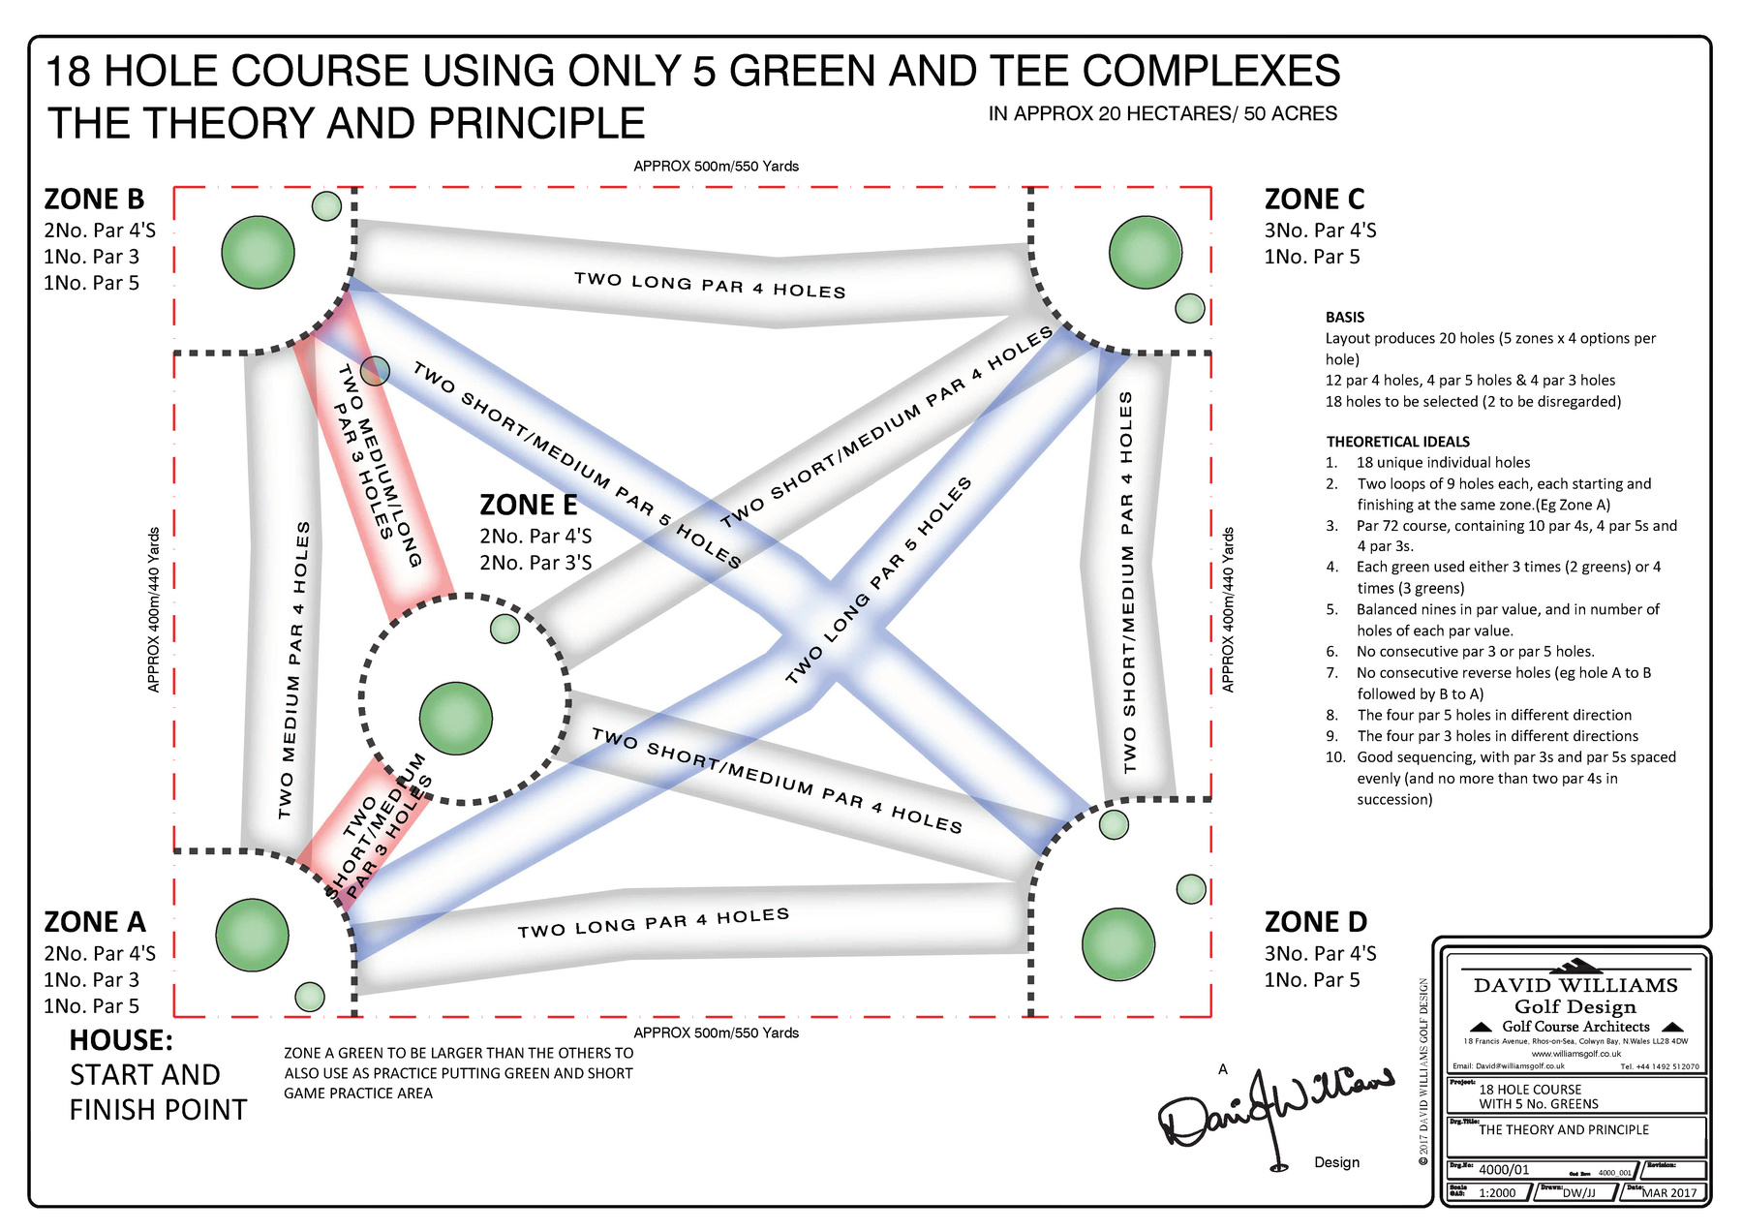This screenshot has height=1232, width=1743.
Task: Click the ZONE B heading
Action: coord(94,200)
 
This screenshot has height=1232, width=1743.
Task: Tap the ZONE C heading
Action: coord(1314,200)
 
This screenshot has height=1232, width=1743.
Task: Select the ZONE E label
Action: coord(529,506)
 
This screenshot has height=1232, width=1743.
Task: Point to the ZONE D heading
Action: coord(1315,922)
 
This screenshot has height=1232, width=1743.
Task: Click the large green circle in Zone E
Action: coord(456,719)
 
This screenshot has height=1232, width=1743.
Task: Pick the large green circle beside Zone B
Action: coord(258,252)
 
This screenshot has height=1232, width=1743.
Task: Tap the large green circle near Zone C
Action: coord(1146,253)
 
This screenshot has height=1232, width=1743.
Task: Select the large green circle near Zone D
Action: coord(1118,943)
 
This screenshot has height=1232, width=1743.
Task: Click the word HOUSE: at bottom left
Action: coord(121,1040)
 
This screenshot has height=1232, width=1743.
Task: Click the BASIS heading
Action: coord(1345,317)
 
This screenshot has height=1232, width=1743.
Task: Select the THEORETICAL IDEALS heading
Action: coord(1397,442)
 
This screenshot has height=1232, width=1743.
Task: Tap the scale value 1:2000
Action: coord(1497,1192)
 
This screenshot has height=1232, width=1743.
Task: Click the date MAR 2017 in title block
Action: coord(1668,1192)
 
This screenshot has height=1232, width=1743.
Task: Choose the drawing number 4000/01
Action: coord(1504,1170)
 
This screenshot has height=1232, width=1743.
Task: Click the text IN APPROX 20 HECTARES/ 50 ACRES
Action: coord(1162,114)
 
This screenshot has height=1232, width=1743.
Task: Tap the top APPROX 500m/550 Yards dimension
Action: coord(716,167)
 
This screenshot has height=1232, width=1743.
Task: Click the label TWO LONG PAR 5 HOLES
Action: coord(877,581)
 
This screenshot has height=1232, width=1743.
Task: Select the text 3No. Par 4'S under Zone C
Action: coord(1320,231)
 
